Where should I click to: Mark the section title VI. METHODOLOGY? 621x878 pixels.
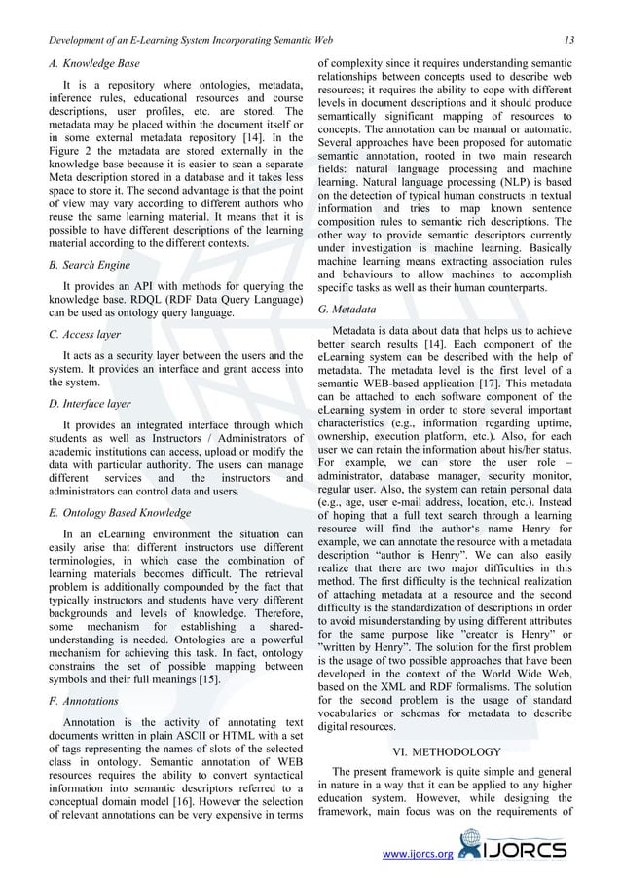[447, 751]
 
